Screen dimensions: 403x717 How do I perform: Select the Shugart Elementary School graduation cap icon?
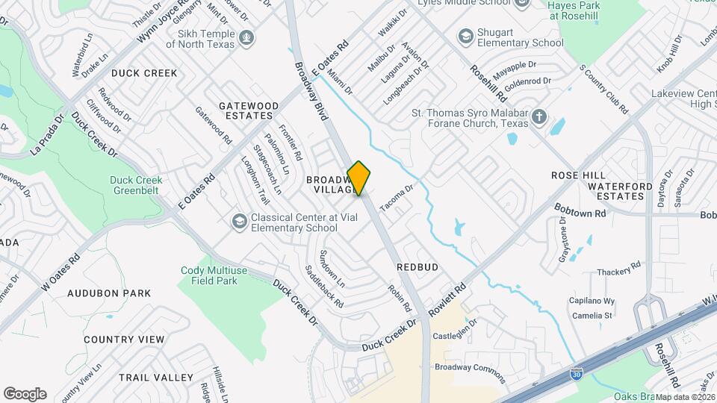(466, 36)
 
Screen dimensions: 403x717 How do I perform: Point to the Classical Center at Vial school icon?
(239, 222)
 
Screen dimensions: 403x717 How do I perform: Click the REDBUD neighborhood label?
(417, 266)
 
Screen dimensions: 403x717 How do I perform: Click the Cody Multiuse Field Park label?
(209, 275)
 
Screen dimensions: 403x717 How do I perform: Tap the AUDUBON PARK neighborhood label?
(109, 293)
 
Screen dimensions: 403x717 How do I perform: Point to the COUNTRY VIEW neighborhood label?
(124, 340)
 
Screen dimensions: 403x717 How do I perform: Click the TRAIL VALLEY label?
(155, 378)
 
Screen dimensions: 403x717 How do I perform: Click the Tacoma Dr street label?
(396, 197)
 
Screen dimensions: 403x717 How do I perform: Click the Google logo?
(25, 393)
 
